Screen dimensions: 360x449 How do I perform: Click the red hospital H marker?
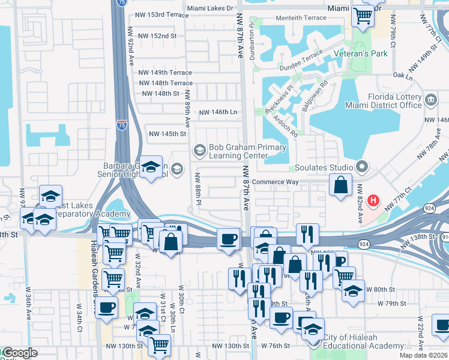(373, 200)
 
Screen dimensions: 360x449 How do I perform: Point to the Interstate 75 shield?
(122, 125)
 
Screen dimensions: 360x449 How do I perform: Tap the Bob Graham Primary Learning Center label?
(238, 151)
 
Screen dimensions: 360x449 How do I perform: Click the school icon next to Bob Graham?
(199, 149)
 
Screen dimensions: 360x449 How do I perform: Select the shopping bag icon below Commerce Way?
(340, 187)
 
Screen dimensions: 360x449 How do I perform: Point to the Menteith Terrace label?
(299, 18)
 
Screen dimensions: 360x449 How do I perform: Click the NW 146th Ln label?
(218, 112)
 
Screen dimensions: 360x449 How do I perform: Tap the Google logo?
(20, 353)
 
